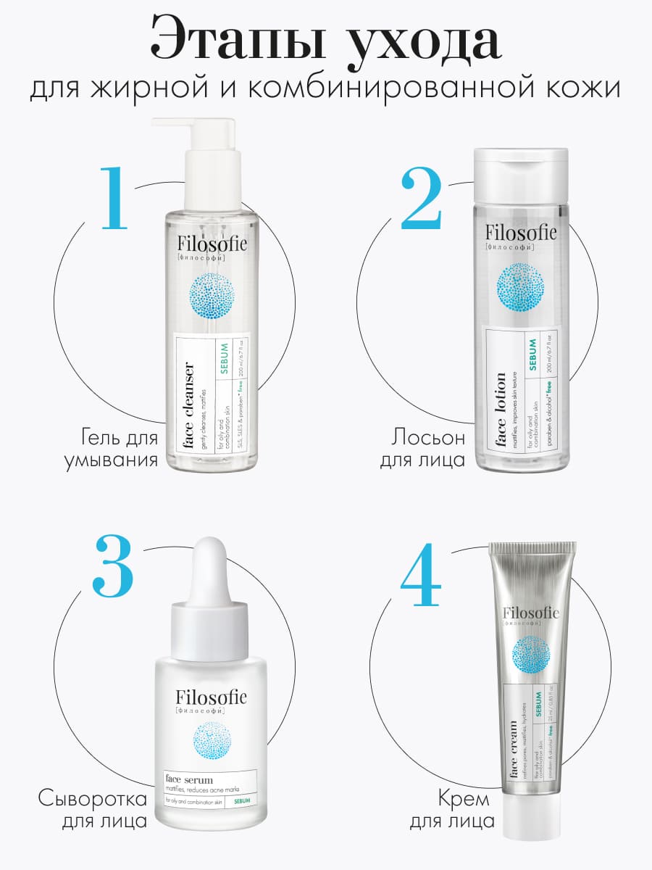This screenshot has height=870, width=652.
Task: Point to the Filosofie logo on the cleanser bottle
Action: [212, 245]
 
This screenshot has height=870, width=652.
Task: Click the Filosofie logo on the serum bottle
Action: [211, 697]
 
